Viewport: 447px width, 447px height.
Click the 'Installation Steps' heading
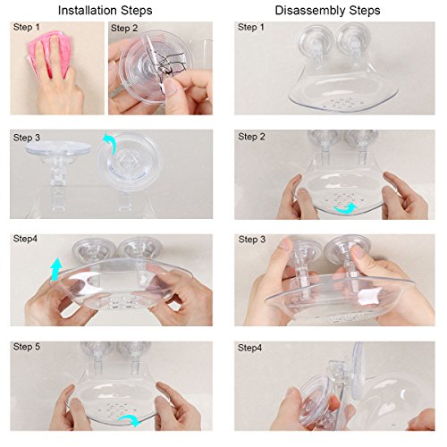105,11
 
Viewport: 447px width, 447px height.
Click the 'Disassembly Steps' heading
327,11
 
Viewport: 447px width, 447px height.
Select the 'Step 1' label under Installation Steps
26,27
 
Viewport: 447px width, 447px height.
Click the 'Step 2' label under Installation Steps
124,28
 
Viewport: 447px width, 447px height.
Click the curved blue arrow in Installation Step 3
110,143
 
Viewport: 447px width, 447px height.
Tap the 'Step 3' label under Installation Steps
26,138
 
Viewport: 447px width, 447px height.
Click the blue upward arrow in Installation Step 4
55,269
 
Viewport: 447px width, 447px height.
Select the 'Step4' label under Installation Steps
25,239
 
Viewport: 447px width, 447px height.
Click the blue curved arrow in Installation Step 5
130,420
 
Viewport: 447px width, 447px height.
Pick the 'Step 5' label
26,347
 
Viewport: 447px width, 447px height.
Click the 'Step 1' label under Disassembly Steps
251,27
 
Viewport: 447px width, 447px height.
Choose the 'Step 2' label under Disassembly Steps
251,137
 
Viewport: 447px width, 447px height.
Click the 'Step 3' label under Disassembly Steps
252,240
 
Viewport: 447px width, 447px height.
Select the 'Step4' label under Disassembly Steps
249,348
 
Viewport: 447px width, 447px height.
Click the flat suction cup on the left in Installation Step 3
58,148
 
